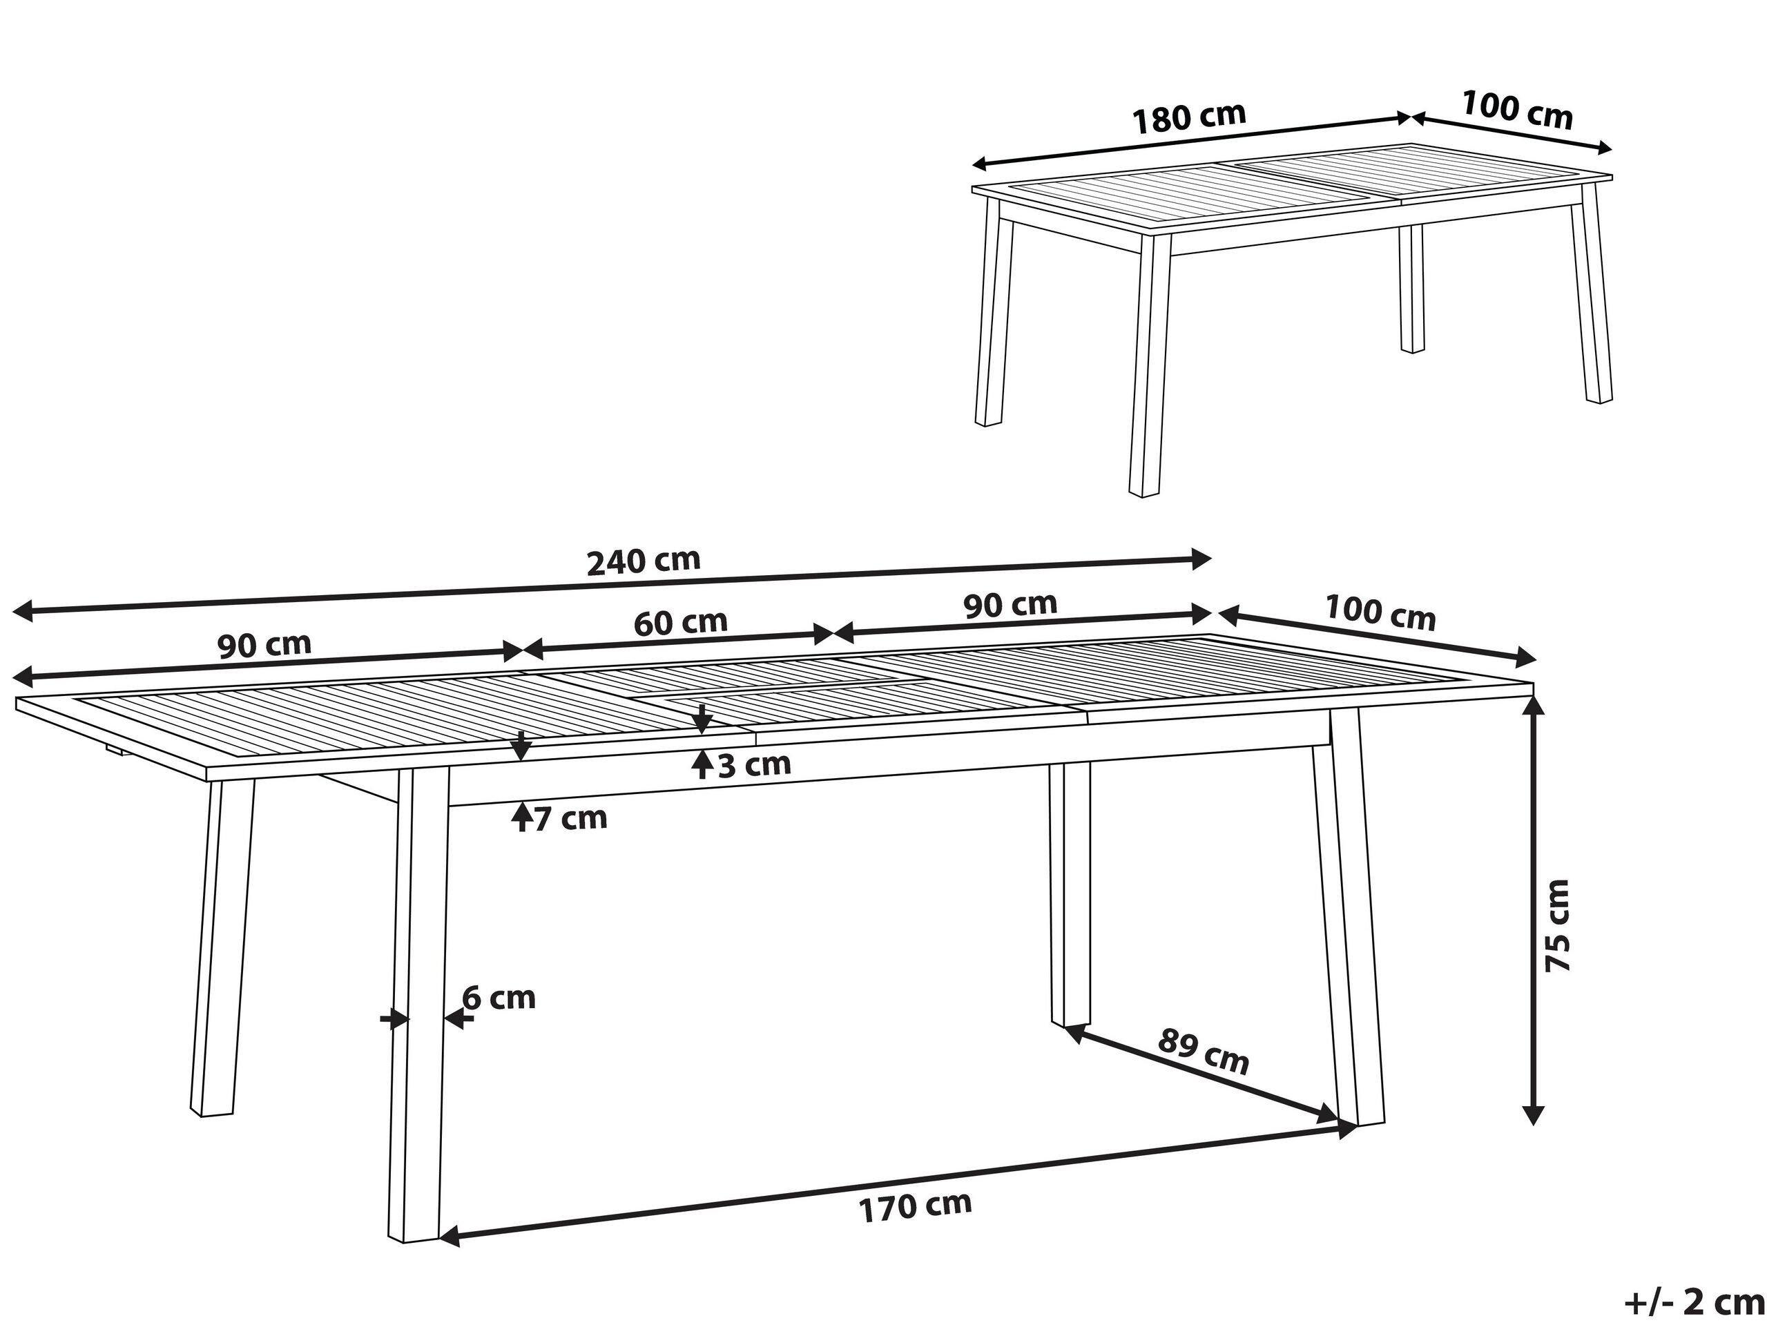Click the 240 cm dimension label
click(x=643, y=561)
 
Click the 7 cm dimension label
click(x=570, y=819)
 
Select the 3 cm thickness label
click(x=754, y=765)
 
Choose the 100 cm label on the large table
click(x=1380, y=612)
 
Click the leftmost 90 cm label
click(x=264, y=646)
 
